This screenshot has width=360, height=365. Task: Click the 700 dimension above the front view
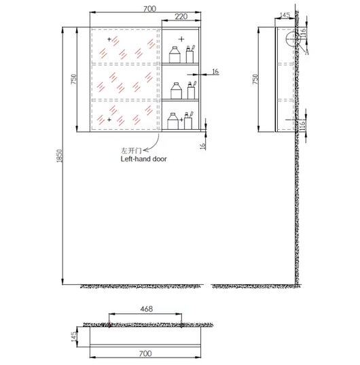click(x=149, y=9)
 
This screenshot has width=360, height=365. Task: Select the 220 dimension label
click(x=181, y=16)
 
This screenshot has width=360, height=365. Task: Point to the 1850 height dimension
click(x=60, y=156)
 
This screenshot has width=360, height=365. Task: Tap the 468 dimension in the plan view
click(x=147, y=309)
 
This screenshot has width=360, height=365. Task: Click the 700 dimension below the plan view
click(x=145, y=353)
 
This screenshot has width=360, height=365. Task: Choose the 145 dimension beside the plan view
click(x=73, y=337)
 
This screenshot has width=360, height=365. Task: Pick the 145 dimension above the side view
click(x=285, y=15)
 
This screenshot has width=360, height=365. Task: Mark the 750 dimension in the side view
click(x=255, y=79)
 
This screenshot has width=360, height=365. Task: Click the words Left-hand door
click(x=143, y=159)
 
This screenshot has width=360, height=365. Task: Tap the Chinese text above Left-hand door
click(x=131, y=151)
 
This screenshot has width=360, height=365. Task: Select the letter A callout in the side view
click(x=307, y=52)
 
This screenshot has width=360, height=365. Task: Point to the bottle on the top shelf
click(x=175, y=54)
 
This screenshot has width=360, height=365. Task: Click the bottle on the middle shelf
click(x=176, y=90)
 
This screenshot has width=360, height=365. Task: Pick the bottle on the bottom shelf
click(x=173, y=121)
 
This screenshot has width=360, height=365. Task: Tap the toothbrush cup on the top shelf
click(x=190, y=54)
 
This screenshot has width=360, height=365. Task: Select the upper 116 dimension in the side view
click(x=303, y=33)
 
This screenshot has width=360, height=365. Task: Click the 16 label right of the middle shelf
click(x=215, y=71)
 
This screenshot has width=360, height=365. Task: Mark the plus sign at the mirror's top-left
click(x=109, y=39)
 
